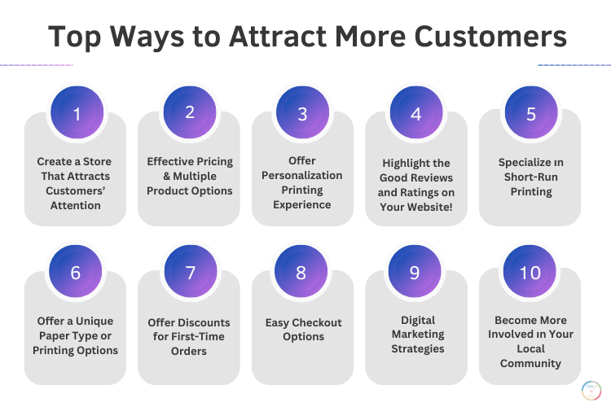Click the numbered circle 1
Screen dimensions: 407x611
tap(77, 113)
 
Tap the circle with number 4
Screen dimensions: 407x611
tap(415, 113)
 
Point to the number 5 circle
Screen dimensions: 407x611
tap(530, 113)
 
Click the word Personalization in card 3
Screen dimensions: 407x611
tap(302, 175)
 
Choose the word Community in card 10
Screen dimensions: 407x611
tap(530, 363)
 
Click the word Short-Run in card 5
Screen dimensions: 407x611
tap(530, 177)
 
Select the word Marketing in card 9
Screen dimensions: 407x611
tap(416, 334)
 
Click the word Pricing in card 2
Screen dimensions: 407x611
tap(209, 161)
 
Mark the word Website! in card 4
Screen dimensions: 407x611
tap(433, 206)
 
